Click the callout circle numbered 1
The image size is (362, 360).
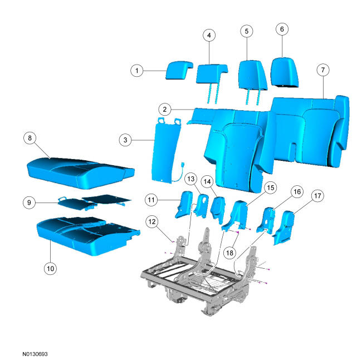tap(137, 71)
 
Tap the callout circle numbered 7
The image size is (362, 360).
tap(323, 70)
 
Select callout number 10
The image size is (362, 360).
tap(50, 268)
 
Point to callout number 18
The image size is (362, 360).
tap(229, 253)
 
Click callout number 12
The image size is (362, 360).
tap(152, 221)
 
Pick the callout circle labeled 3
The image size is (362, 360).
tap(125, 140)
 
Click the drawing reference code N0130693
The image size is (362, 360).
tap(35, 354)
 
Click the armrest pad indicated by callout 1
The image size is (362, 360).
tap(179, 70)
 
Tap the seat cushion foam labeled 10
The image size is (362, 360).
tap(88, 235)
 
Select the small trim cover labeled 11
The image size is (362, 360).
tap(184, 204)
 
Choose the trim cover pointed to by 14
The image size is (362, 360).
tap(218, 209)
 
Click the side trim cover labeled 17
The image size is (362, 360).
tap(283, 226)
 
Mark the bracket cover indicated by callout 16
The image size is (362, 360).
tap(266, 220)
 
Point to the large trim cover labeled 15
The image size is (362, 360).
tap(236, 215)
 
